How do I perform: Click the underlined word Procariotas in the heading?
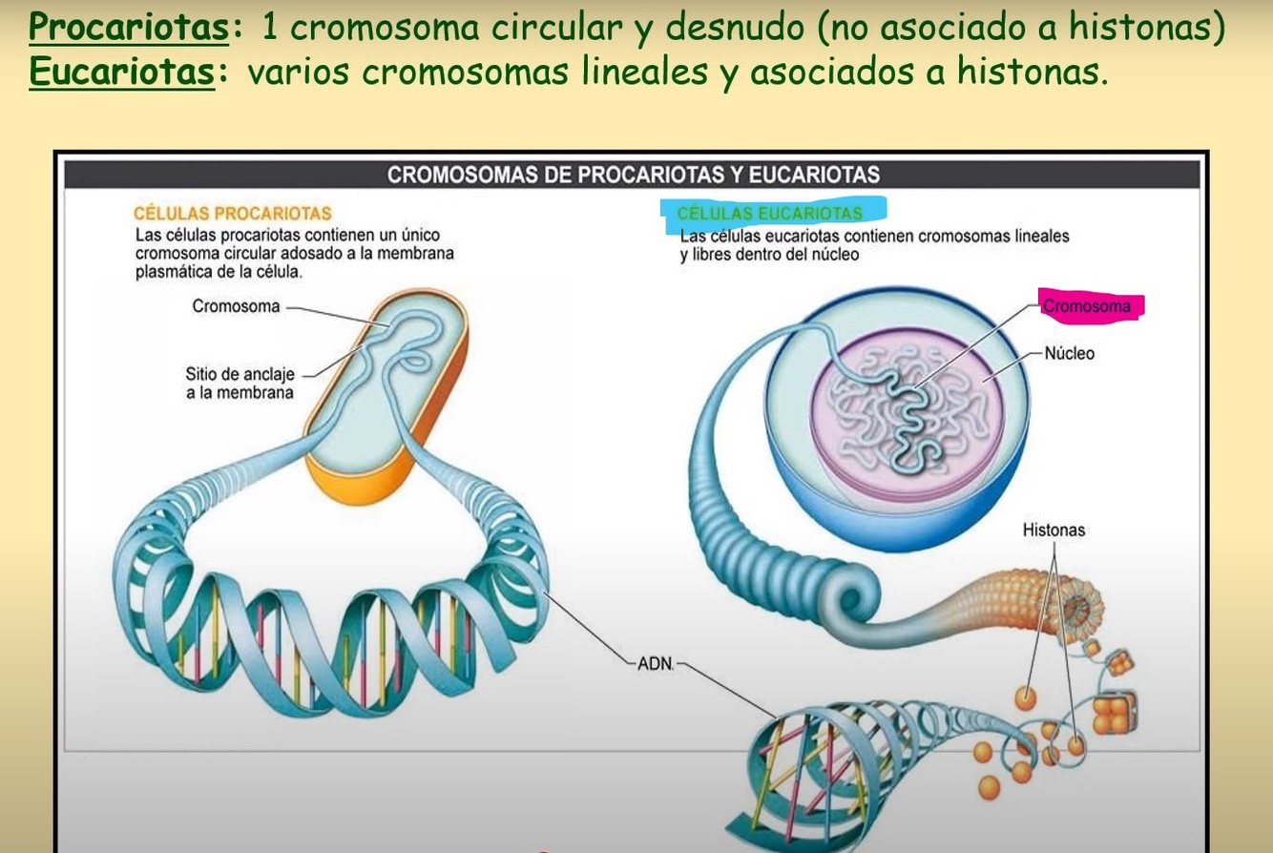[x=128, y=27]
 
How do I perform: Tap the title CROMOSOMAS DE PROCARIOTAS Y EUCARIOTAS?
[x=633, y=175]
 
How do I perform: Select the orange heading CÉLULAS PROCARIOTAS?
[x=232, y=213]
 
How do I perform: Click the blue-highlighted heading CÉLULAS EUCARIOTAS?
[x=770, y=214]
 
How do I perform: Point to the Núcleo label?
[x=1069, y=353]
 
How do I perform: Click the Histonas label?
[x=1054, y=530]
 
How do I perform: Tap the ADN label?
[x=656, y=663]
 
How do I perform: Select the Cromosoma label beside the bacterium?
[x=236, y=306]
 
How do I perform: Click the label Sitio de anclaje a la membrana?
[x=240, y=383]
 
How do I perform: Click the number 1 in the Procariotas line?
[x=268, y=27]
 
